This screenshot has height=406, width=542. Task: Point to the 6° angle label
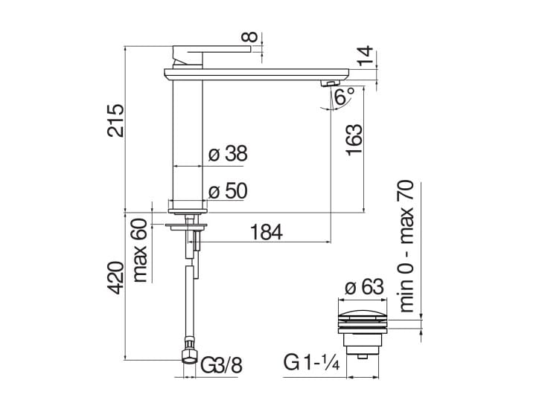pos(343,97)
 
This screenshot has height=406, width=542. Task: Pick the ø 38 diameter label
pos(228,154)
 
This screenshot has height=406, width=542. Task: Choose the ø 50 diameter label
pos(228,191)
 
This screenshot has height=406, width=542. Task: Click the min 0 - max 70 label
pos(406,245)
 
